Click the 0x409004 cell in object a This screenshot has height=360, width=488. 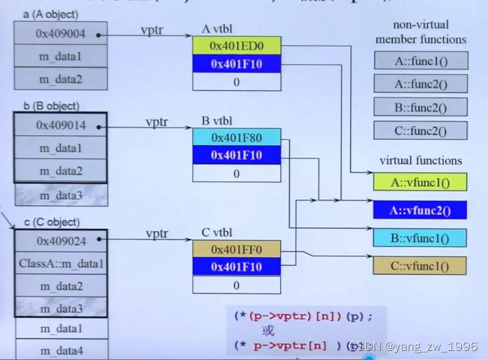pos(61,33)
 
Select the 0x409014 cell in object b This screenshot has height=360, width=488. pos(61,126)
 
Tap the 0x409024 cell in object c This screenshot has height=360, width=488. pos(61,242)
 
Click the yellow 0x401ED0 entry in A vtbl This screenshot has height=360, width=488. pos(236,46)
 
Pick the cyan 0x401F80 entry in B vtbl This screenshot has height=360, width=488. pos(236,137)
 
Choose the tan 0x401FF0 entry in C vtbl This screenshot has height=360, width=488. pos(236,249)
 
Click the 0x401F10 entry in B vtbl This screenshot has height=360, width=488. pos(236,155)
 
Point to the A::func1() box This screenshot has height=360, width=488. pos(420,61)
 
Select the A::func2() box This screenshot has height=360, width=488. pos(420,84)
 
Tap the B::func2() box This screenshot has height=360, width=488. pos(420,108)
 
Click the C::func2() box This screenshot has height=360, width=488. pos(420,131)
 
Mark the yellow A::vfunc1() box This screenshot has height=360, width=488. pos(420,183)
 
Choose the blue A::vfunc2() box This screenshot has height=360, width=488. pos(420,209)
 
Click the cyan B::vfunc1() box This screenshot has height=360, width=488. pos(420,237)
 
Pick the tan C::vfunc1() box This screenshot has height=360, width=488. pos(420,265)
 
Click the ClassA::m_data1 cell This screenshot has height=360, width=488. pos(61,264)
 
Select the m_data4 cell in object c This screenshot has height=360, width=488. pos(61,350)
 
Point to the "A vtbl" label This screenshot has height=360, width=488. pos(216,29)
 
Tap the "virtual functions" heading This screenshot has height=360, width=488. pos(420,160)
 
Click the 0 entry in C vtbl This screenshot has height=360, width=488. pos(236,285)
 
